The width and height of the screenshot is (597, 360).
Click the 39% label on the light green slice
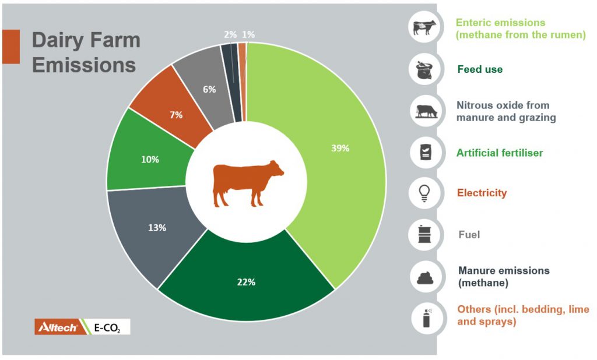tap(340, 149)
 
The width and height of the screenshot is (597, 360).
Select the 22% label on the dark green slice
tap(246, 282)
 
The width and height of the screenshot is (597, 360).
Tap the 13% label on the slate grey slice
tap(157, 228)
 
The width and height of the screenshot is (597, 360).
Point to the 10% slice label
tap(150, 159)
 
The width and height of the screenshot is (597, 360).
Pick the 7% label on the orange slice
tap(176, 115)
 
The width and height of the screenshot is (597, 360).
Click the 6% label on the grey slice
tap(209, 89)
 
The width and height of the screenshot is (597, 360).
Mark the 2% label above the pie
tap(230, 35)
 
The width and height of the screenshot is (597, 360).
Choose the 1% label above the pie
tap(248, 35)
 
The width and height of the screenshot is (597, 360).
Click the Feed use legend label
tap(480, 69)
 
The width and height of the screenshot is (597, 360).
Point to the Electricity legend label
tap(482, 193)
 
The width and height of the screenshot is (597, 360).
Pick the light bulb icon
tap(424, 193)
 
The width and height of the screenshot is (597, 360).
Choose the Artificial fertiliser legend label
tap(500, 153)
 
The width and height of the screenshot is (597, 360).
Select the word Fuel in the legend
tap(469, 234)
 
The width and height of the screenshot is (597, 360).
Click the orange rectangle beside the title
tap(10, 47)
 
